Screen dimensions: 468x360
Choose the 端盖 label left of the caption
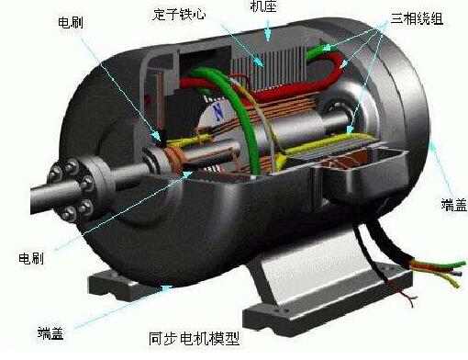(51, 331)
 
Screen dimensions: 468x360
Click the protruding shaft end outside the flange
(28, 197)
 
